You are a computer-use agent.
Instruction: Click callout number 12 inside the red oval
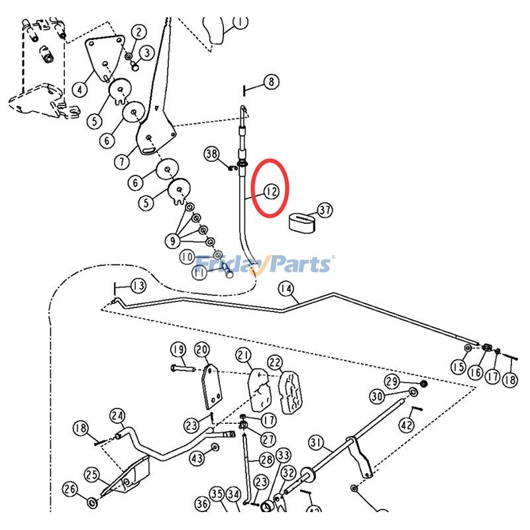tap(272, 191)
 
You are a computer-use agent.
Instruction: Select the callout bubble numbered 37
tap(325, 211)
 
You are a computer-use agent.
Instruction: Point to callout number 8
tap(272, 82)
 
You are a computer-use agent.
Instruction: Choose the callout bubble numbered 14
tap(286, 288)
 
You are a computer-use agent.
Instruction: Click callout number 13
tap(138, 286)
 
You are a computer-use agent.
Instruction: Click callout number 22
tap(275, 362)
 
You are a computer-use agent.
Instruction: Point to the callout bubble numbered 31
tap(315, 442)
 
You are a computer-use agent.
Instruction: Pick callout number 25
tap(92, 474)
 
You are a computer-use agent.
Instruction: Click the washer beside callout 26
tap(91, 505)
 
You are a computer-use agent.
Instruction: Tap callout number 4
tap(81, 89)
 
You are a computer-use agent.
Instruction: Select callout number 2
tap(138, 32)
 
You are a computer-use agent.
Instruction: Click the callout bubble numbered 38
tap(211, 154)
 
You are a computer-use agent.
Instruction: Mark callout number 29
tap(392, 381)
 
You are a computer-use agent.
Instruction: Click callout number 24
tap(117, 417)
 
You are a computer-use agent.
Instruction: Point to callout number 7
tap(121, 161)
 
